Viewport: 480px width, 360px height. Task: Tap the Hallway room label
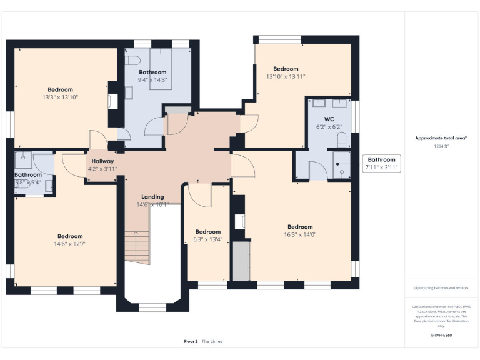102,161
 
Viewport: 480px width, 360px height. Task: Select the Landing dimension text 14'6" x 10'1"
152,204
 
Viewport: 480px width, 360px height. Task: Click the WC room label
329,119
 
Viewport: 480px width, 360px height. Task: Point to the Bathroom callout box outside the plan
380,164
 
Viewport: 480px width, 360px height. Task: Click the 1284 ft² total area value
441,146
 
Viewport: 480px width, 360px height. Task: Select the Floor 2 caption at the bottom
191,341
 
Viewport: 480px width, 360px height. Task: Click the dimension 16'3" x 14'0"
300,235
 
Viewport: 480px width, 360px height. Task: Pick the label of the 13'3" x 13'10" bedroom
60,89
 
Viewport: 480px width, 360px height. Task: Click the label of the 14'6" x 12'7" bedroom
70,236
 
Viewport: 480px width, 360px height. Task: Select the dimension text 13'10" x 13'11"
286,77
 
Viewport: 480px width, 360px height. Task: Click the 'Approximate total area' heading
441,138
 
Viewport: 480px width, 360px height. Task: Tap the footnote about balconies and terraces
441,288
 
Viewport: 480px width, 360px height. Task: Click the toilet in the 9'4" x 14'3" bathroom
131,60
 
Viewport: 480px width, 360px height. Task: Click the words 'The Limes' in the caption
212,341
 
